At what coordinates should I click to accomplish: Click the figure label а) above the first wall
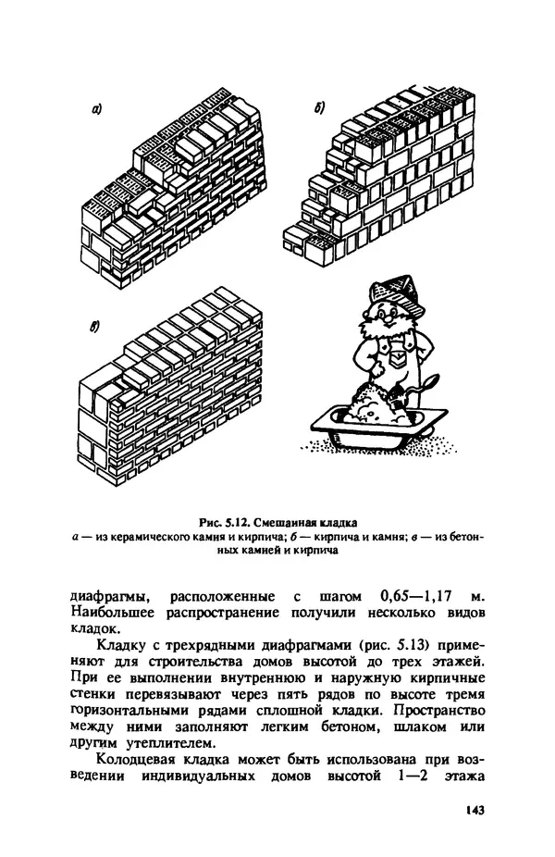tap(96, 109)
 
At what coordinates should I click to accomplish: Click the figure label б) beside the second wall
tap(318, 110)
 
